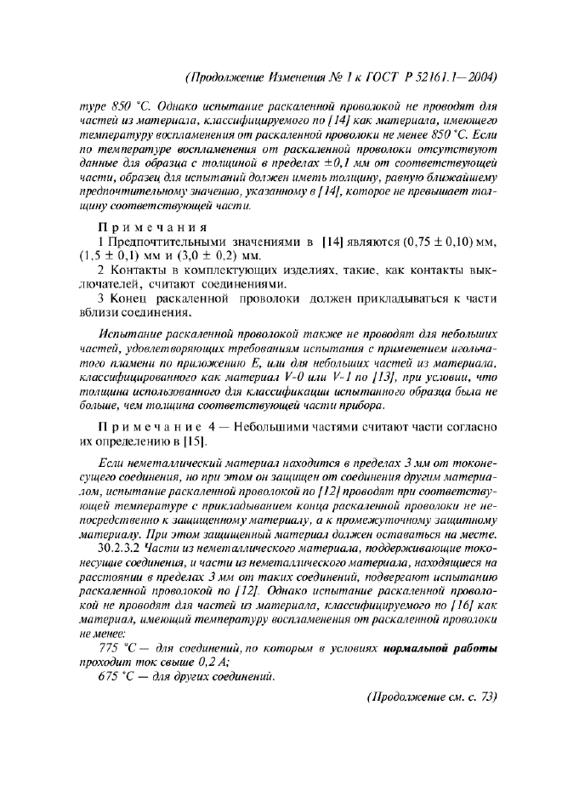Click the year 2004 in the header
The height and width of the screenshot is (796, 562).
click(x=480, y=77)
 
